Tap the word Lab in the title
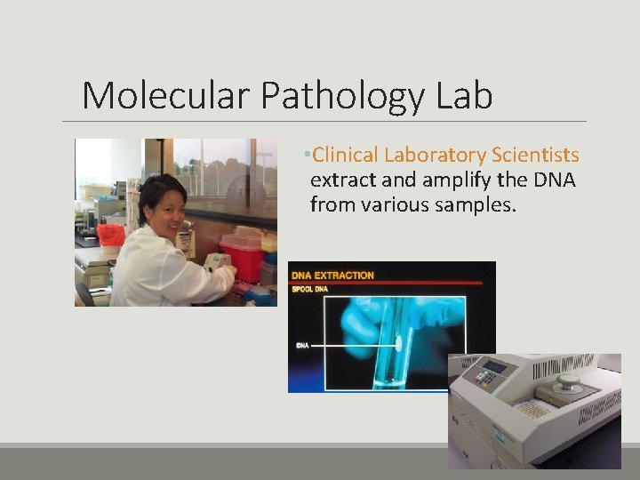(464, 95)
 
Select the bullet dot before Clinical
(306, 156)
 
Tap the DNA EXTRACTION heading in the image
(333, 275)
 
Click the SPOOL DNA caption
(310, 289)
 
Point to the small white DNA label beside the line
(301, 344)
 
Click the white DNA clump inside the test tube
(396, 343)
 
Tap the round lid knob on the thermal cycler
(567, 383)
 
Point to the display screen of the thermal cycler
(494, 366)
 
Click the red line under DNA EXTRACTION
(391, 283)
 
